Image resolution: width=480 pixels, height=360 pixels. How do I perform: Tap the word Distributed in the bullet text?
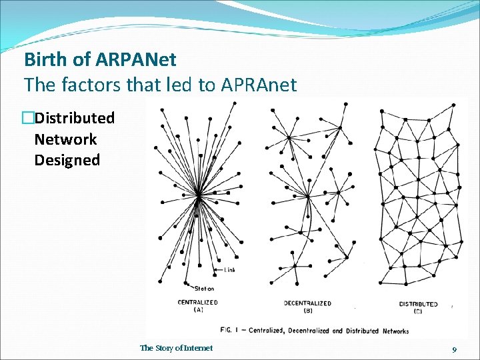tap(75, 119)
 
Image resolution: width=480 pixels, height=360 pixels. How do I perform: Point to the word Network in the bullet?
tap(65, 139)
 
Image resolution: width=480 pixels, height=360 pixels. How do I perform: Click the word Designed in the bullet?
tap(67, 160)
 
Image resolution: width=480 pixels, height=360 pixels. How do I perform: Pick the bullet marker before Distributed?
tap(27, 119)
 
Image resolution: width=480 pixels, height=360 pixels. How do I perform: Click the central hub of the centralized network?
tap(199, 195)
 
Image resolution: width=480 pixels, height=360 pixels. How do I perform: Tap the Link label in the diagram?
tap(229, 270)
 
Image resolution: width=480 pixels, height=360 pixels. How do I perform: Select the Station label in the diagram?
tap(204, 288)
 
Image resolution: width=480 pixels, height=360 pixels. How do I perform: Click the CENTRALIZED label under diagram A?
tap(197, 303)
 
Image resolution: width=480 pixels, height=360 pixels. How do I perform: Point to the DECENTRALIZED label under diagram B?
tap(307, 303)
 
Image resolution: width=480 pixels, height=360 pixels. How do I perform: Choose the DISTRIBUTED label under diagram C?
tap(418, 304)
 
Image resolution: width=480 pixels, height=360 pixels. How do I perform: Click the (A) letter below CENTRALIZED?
tap(198, 310)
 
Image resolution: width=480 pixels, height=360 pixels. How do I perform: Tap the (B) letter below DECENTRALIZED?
tap(307, 311)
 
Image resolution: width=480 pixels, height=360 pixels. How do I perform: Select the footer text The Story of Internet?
tap(177, 348)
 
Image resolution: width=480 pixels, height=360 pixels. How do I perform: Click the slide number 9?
tap(454, 349)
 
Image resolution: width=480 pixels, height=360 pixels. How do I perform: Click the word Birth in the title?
tap(46, 60)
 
